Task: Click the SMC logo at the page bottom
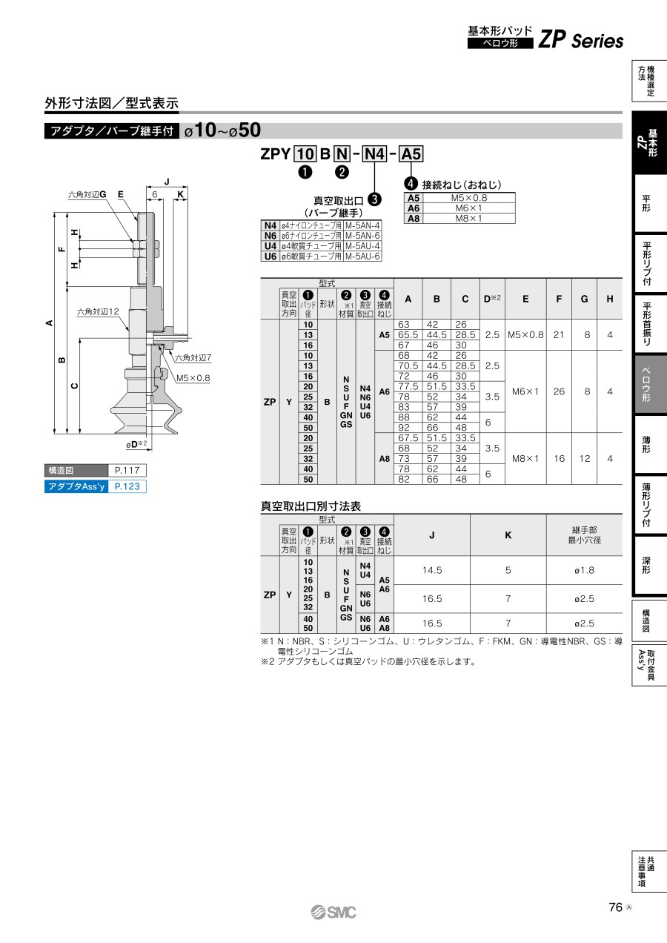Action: (333, 913)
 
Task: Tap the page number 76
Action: (615, 907)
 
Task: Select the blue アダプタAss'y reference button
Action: (96, 486)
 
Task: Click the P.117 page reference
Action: (127, 470)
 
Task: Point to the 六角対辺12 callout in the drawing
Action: (98, 311)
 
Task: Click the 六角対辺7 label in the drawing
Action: (193, 358)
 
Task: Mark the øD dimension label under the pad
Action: (136, 444)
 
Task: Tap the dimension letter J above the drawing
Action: (167, 182)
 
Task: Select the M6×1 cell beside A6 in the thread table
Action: (468, 208)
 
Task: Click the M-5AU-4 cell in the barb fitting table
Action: (362, 246)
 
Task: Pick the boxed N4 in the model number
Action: (374, 154)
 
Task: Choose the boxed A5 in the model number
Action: (411, 154)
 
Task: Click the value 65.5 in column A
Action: (408, 334)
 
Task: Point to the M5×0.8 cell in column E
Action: (525, 334)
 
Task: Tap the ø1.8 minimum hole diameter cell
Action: (584, 570)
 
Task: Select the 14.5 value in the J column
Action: (432, 570)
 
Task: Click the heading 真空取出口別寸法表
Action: (311, 506)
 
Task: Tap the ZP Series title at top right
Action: (581, 40)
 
